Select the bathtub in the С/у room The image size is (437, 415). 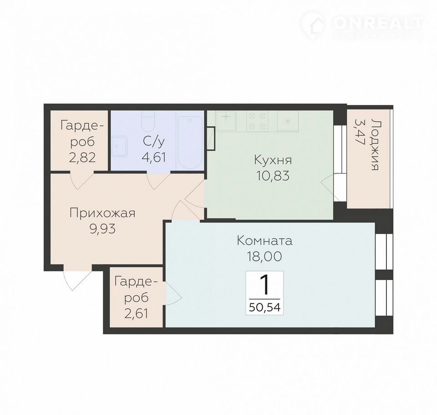(x=189, y=142)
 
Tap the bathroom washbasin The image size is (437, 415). (x=119, y=146)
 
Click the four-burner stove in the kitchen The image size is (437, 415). (x=257, y=121)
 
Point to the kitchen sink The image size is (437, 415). (x=226, y=121)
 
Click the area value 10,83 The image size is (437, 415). (x=273, y=176)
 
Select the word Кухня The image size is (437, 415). (x=273, y=161)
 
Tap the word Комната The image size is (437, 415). (x=264, y=240)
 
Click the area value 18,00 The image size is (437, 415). (x=264, y=256)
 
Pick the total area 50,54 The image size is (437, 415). (x=264, y=307)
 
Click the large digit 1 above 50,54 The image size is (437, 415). (x=264, y=285)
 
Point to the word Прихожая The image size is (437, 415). (x=102, y=213)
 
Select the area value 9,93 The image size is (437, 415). (x=102, y=229)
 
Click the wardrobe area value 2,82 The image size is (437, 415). (x=82, y=158)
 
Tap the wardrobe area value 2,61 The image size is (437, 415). (x=136, y=314)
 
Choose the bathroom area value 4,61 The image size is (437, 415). (x=154, y=157)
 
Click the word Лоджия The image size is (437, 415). (x=375, y=145)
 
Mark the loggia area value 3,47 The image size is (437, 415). (x=360, y=131)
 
